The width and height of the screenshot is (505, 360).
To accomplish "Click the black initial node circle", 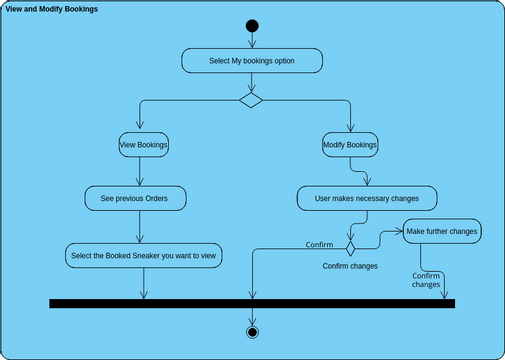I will point(252,26).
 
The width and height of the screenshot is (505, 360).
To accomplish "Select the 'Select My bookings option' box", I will point(252,61).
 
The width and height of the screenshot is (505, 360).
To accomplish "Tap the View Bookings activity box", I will point(143,145).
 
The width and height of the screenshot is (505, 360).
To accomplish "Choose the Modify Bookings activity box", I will point(350,145).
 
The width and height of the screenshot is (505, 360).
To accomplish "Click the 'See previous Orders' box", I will point(134,199).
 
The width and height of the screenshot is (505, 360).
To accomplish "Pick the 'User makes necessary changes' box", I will point(367,199).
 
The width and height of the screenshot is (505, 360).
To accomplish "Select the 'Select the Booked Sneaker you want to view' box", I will point(144,256).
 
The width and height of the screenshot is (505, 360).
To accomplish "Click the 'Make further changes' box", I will point(442,232).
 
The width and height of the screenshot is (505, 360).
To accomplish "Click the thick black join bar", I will point(252,303).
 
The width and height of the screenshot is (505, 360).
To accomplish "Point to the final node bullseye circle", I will point(252,331).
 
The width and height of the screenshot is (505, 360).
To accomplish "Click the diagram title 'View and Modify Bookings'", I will point(52,9).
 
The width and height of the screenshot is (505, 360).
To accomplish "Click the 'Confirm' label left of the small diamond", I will point(319,245).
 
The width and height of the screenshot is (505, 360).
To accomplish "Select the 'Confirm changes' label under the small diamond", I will point(350,267).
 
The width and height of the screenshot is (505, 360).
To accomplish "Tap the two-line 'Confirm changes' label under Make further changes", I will point(426,281).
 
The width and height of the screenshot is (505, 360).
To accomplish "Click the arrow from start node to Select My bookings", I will point(252,41).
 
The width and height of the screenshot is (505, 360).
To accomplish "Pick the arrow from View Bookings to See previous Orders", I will point(143,171).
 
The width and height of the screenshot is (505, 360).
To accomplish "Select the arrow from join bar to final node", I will point(252,316).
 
